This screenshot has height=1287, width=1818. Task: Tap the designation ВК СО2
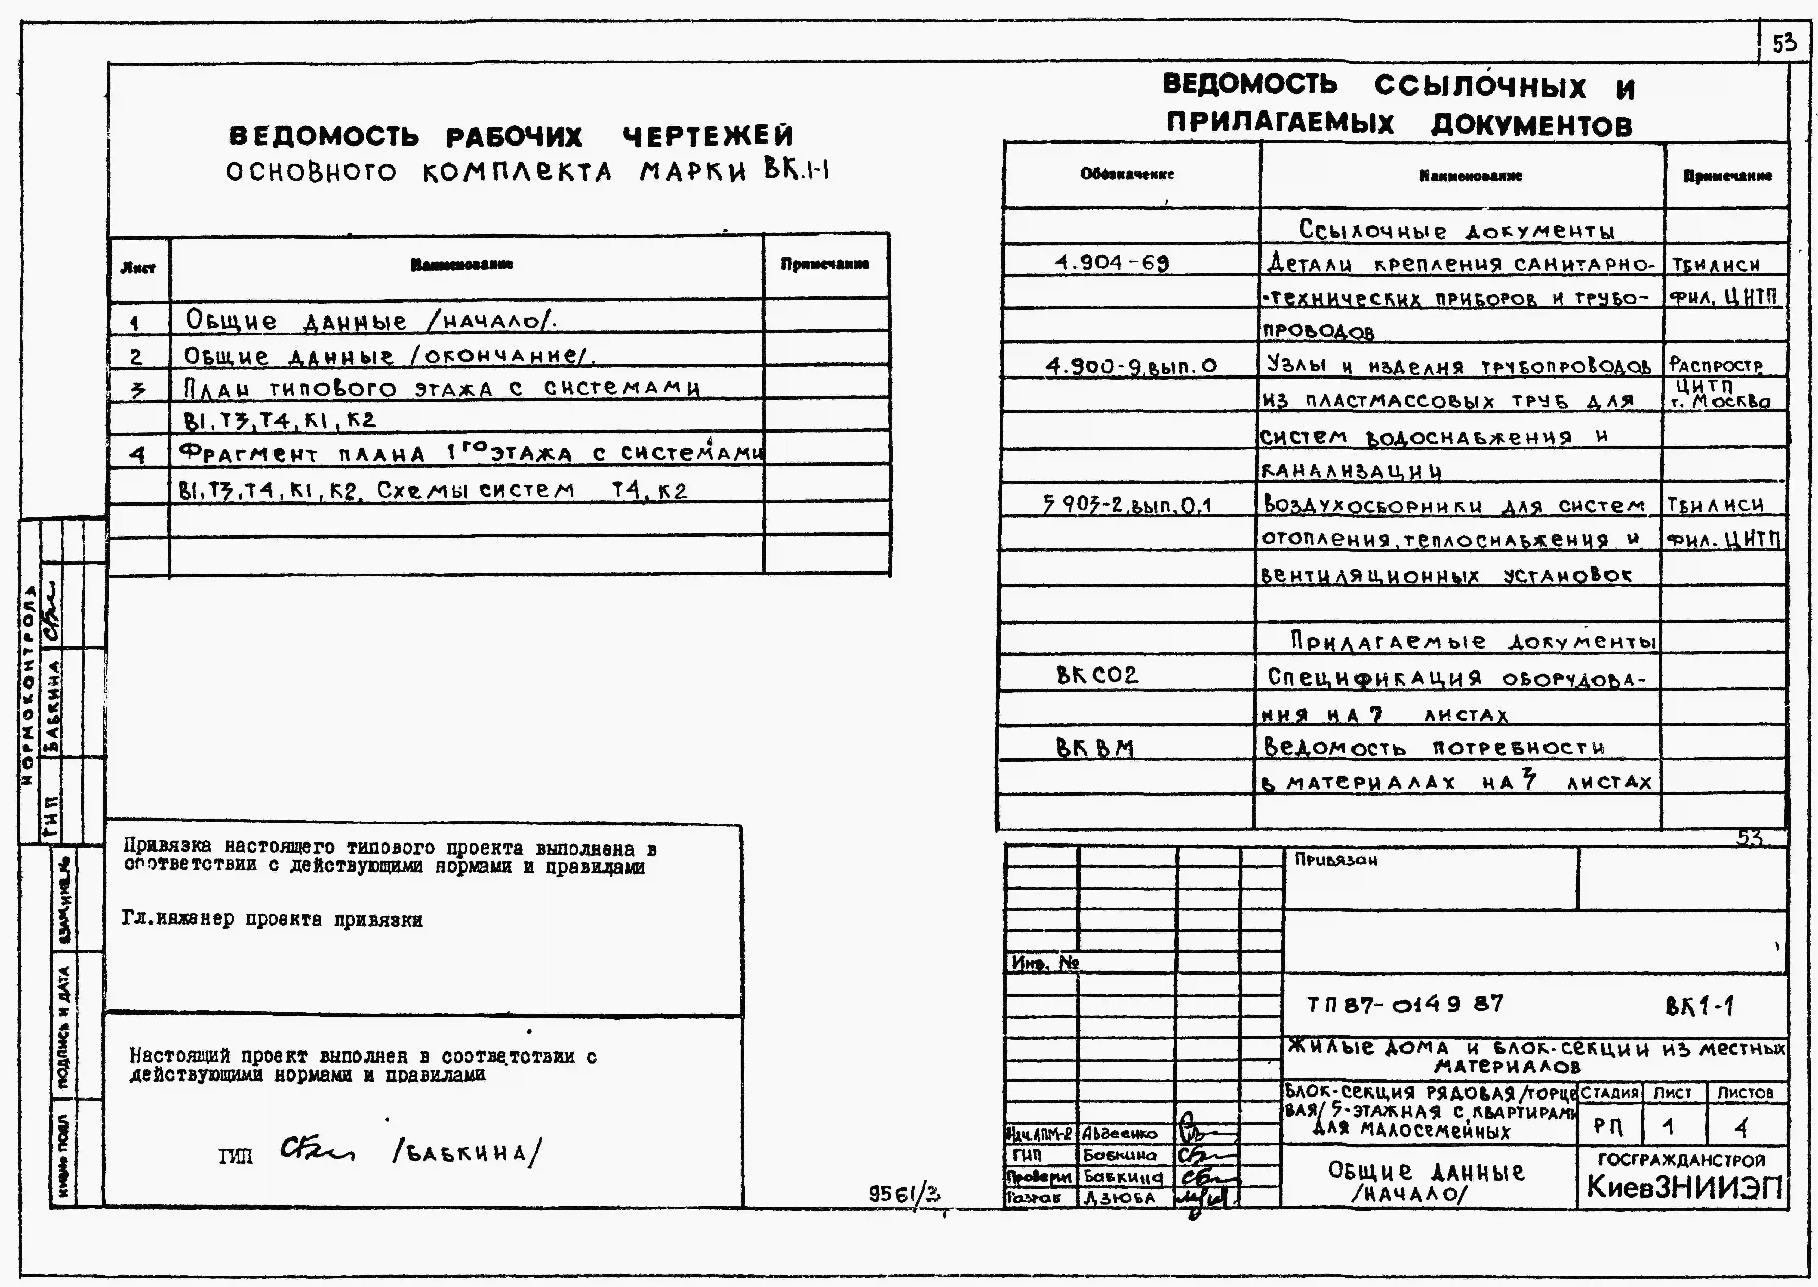(x=1097, y=675)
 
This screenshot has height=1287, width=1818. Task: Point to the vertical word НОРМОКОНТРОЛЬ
(x=29, y=685)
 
